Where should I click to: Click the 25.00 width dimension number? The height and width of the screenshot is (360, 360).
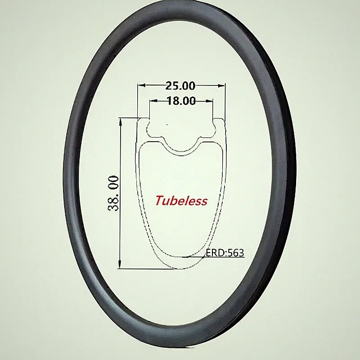coord(180,85)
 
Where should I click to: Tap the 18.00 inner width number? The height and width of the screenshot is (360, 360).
coord(181,101)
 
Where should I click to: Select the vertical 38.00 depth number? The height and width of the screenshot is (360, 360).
coord(113,193)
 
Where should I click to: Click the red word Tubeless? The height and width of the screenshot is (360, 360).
coord(181,201)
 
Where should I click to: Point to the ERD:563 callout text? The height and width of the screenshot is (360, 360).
coord(225,253)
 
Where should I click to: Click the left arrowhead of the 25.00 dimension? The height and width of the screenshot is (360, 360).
coord(141,85)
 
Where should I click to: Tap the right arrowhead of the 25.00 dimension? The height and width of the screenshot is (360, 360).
coord(221,85)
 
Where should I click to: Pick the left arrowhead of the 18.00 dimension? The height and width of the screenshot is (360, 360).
coord(153,100)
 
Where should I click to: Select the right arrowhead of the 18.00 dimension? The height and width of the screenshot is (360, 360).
coord(209,100)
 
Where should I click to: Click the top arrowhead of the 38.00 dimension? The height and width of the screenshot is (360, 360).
coord(120,122)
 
